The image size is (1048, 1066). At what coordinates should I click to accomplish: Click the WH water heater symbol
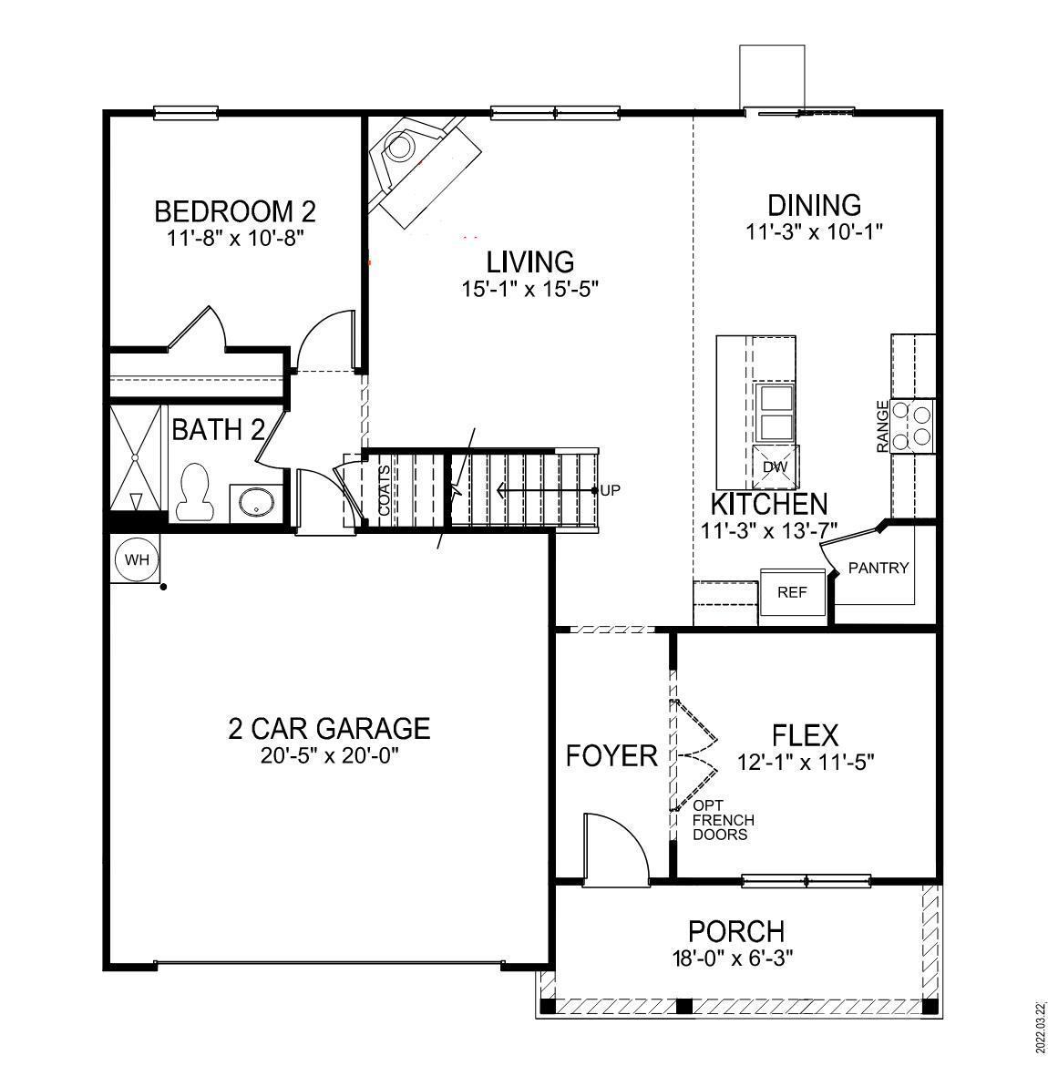point(137,559)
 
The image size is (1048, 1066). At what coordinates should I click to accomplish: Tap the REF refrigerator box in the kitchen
point(793,592)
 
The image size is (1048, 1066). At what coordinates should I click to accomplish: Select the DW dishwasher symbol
point(775,467)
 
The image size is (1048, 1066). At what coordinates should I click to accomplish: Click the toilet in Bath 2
point(192,493)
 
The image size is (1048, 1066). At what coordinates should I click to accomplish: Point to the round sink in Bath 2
point(255,502)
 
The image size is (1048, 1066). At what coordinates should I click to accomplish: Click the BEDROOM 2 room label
point(234,212)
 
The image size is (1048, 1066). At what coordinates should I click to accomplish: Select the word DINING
point(814,205)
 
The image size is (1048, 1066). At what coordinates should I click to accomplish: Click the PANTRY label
point(878,569)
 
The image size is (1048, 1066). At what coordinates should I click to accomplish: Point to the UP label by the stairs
point(610,490)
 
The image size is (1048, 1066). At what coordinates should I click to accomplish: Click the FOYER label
point(611,755)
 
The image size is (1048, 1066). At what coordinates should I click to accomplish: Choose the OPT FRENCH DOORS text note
point(723,820)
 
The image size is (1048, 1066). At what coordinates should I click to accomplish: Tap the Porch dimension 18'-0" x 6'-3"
point(735,958)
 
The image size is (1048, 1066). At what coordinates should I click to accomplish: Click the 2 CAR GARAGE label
point(328,728)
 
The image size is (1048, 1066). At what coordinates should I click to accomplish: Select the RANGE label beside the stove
point(882,426)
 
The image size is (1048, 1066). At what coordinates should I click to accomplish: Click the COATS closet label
point(385,491)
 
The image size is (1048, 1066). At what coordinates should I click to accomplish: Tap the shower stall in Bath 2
point(135,460)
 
